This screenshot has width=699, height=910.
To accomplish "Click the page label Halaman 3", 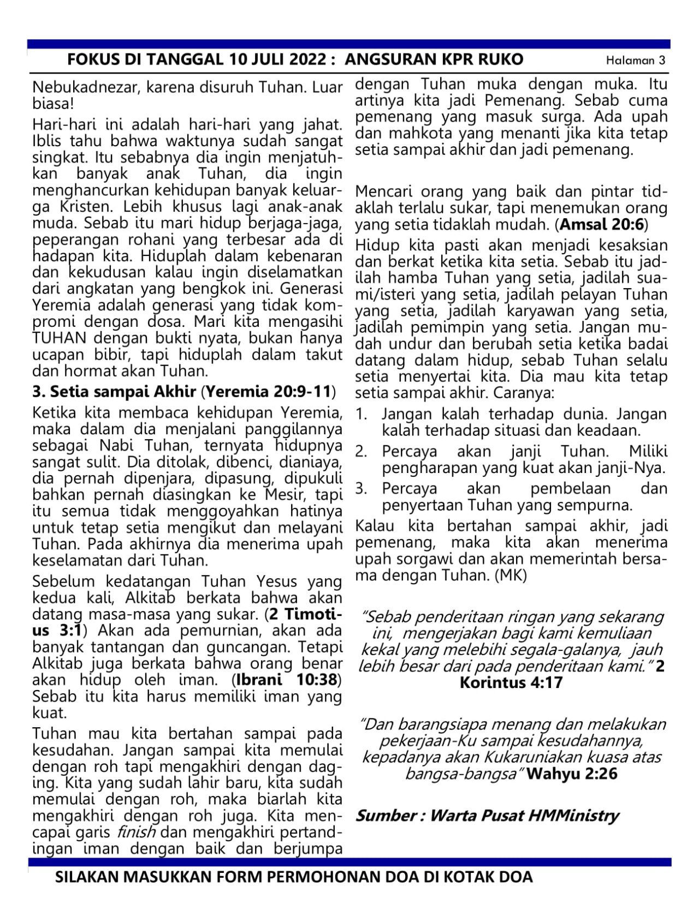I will pyautogui.click(x=636, y=61).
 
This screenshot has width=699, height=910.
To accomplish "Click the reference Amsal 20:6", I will pyautogui.click(x=601, y=224).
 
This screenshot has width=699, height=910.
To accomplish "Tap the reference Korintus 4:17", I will pyautogui.click(x=511, y=683).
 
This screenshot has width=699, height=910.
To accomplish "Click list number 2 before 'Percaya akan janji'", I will pyautogui.click(x=361, y=452).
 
